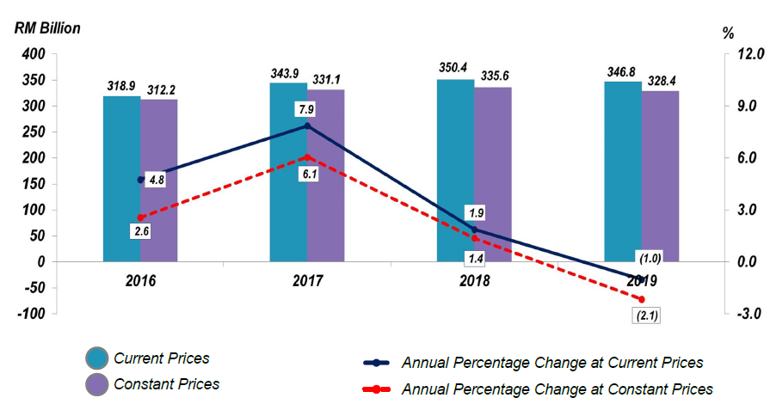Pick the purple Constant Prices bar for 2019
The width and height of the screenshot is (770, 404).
click(660, 175)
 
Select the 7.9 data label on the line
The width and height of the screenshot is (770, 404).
click(305, 110)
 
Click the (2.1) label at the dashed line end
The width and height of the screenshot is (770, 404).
click(644, 315)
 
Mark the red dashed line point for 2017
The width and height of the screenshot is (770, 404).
click(307, 157)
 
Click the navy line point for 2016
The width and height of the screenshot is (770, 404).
click(140, 180)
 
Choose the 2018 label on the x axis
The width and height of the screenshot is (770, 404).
click(474, 281)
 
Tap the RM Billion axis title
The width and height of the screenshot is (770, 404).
click(47, 28)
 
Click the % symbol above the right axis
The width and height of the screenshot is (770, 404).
click(729, 33)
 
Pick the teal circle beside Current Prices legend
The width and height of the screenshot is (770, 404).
click(95, 359)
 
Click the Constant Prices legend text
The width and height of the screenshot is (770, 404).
click(167, 384)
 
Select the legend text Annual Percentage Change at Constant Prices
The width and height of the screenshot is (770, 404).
click(557, 389)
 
